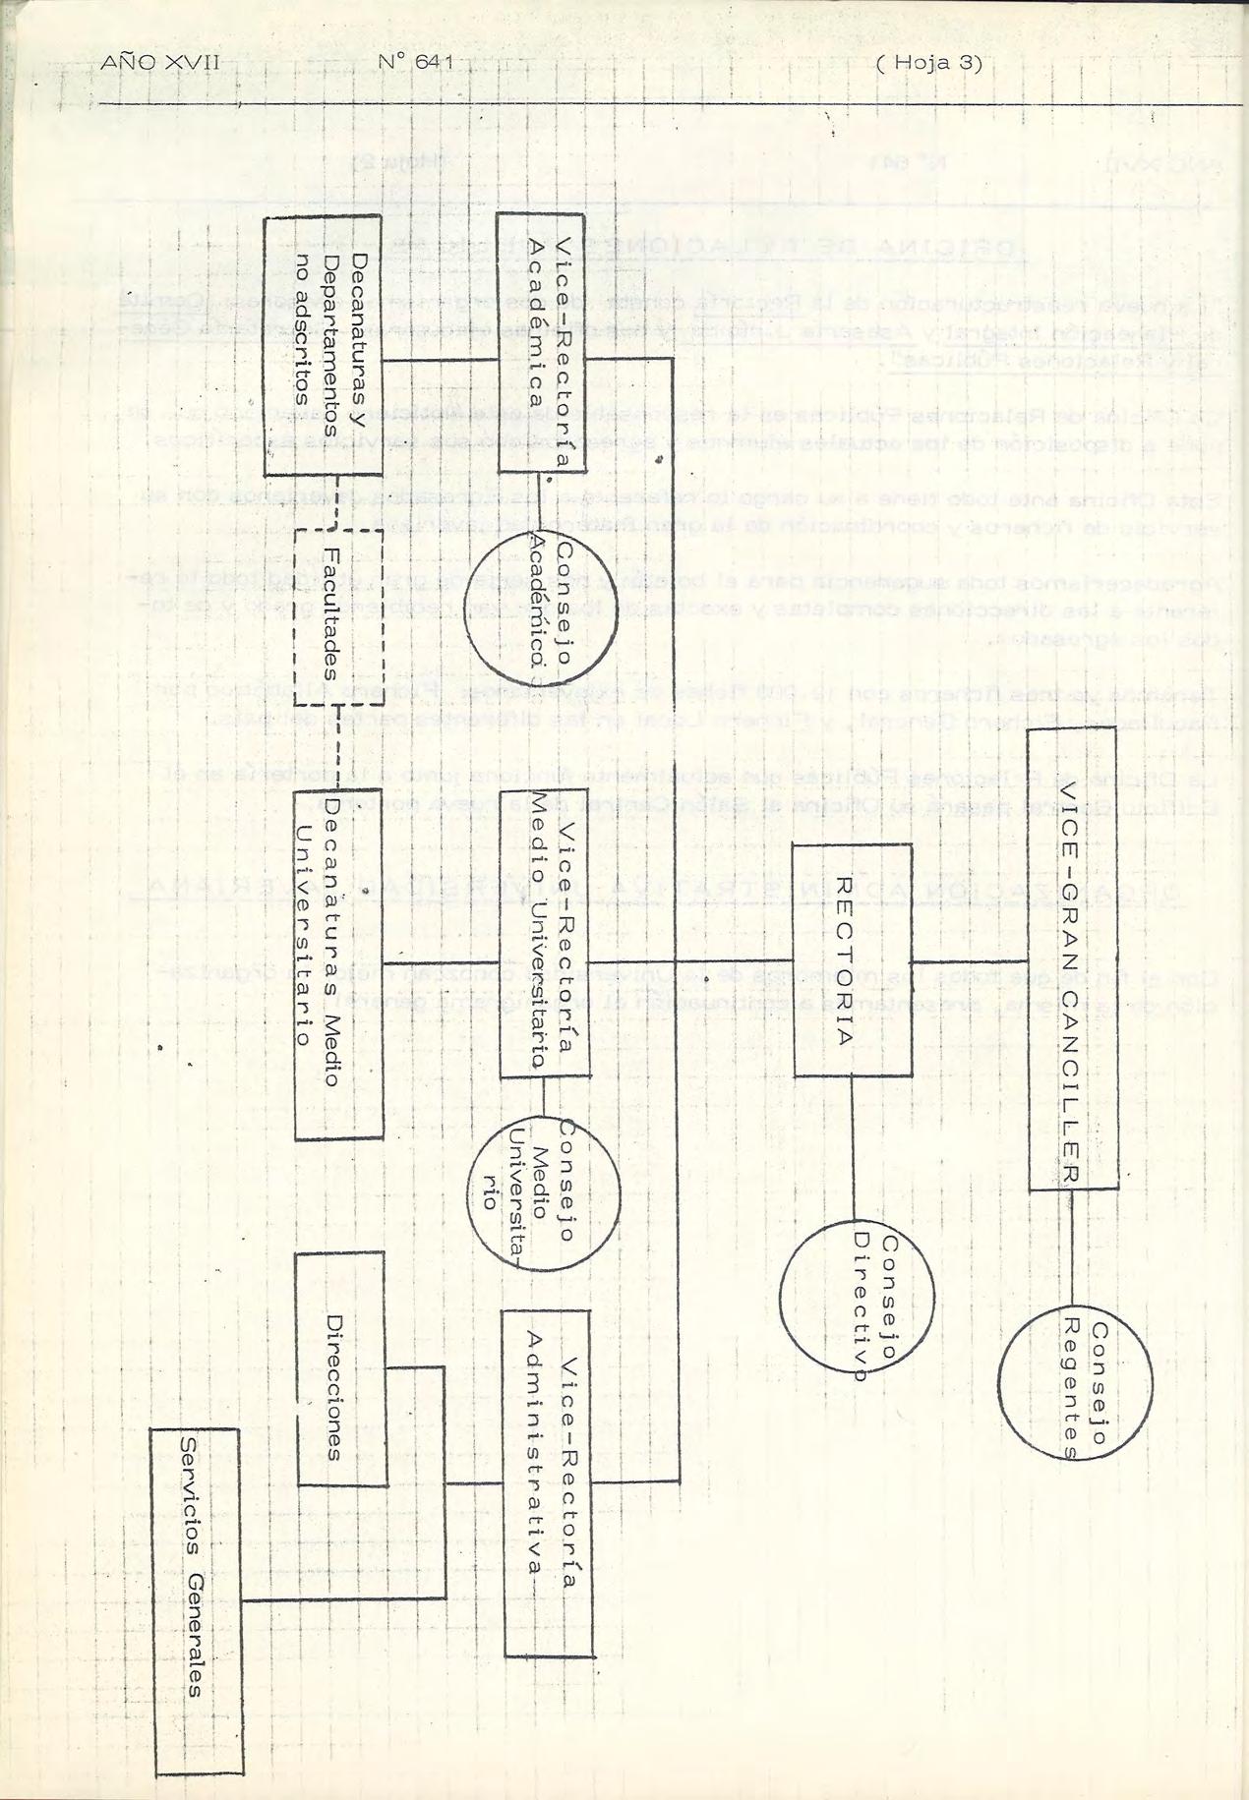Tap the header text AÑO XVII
(x=158, y=64)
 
